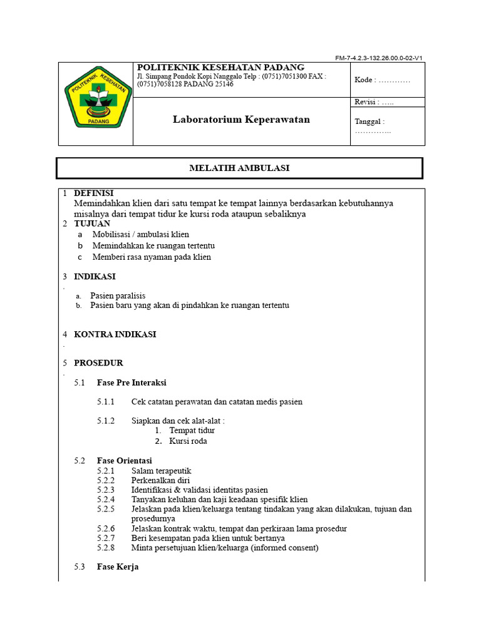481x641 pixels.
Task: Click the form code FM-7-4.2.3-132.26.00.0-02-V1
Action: point(380,58)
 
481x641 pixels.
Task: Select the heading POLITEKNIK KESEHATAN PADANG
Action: point(220,68)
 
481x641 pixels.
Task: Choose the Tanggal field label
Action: point(370,122)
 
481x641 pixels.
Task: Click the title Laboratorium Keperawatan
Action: point(241,120)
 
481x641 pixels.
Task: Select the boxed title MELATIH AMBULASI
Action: point(239,168)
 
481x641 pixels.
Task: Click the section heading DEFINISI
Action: point(94,193)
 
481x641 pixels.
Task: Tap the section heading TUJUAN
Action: point(92,223)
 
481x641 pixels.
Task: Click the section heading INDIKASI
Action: point(95,277)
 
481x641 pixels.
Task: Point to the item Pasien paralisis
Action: point(118,295)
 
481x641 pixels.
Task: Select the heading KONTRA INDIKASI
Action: point(115,334)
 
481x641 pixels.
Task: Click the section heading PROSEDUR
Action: point(98,363)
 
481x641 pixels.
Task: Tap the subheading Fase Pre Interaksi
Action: point(132,382)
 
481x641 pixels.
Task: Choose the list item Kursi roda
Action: point(188,441)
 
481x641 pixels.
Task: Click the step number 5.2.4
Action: point(106,500)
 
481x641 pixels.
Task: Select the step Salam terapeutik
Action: point(161,471)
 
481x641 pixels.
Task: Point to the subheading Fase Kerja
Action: point(118,567)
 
